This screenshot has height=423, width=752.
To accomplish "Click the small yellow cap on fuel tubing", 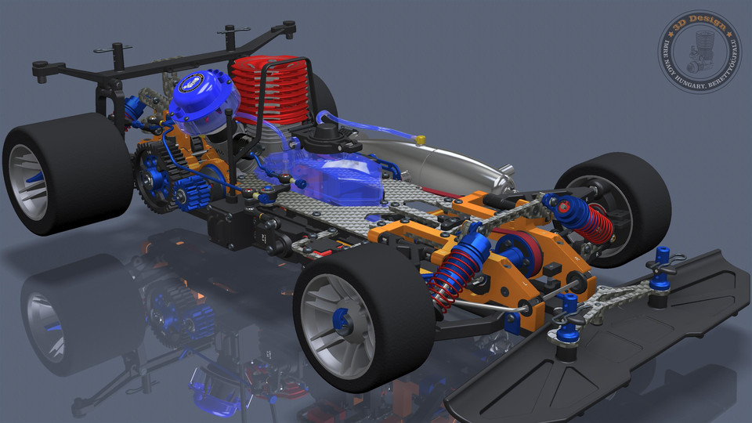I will pos(421,140).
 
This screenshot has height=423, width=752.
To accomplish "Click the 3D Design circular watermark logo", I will pos(700,51).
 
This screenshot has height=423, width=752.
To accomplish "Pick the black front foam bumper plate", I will pos(627,329).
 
